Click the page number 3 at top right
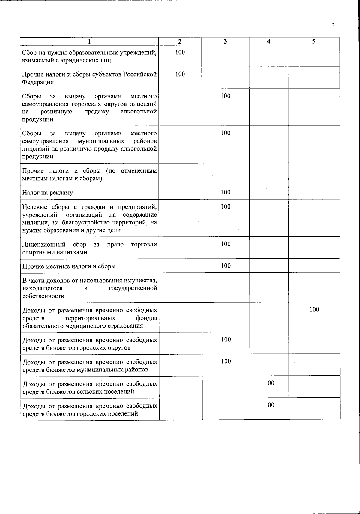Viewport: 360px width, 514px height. coord(333,26)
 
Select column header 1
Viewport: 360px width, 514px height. coord(89,41)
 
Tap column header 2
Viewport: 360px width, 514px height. coord(180,41)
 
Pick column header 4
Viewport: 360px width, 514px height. coord(268,41)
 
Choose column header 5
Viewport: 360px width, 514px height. coord(313,41)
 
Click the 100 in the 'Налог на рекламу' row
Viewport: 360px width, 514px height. coord(226,192)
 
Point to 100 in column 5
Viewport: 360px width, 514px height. coord(314,309)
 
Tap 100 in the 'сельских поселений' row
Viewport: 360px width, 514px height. coord(269,383)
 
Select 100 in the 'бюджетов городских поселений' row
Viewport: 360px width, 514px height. coord(269,405)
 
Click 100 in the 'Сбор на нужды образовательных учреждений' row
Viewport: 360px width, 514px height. coord(180,52)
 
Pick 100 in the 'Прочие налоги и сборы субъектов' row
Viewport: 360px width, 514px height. coord(180,74)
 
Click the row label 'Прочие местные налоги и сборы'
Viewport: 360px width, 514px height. coord(69,266)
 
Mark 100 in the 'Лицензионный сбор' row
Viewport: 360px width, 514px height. coord(226,244)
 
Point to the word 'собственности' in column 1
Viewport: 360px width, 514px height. coord(43,296)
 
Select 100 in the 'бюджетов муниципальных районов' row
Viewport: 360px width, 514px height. coord(226,361)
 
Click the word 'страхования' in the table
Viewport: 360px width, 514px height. coord(127,326)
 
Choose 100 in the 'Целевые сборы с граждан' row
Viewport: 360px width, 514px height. coord(226,206)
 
